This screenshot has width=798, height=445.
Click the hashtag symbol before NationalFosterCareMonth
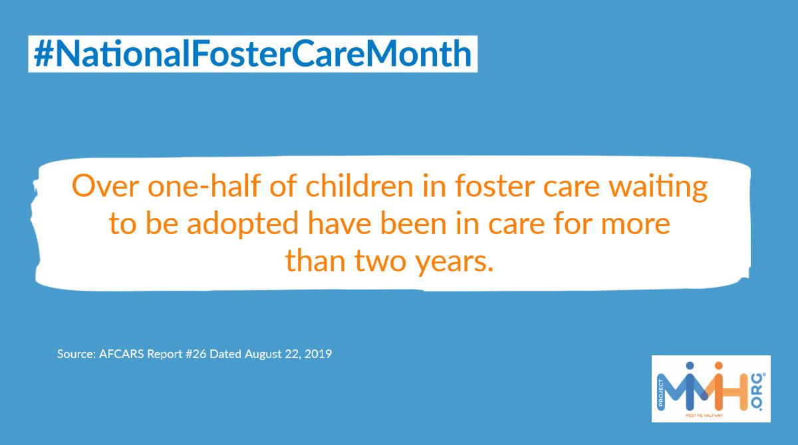(x=43, y=54)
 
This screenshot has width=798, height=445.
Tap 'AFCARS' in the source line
(x=118, y=354)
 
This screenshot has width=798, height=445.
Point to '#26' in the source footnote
(x=196, y=354)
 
